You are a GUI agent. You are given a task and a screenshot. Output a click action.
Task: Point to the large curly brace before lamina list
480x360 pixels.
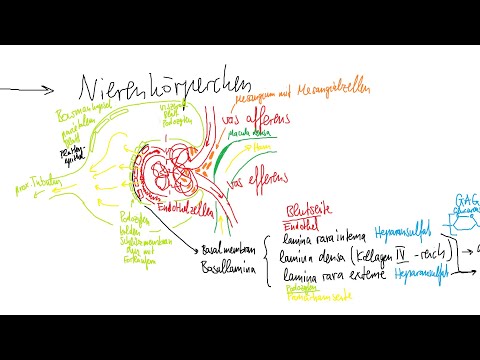coord(268,257)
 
